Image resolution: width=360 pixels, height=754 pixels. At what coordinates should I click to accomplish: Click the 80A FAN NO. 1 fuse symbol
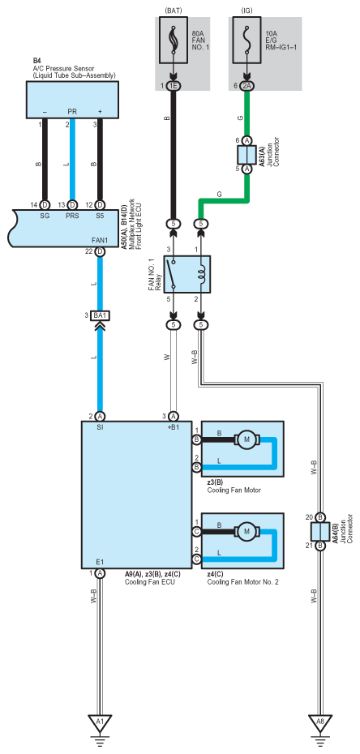coord(174,40)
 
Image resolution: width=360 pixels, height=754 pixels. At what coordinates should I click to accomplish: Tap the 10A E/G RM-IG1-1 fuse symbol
coord(247,40)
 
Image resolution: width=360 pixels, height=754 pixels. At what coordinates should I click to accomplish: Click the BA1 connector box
coord(101,315)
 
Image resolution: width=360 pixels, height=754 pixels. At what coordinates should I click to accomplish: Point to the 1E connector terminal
coord(174,87)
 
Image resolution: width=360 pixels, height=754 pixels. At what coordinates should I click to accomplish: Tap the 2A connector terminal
coord(247,87)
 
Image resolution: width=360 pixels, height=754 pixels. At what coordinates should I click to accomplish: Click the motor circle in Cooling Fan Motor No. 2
coord(247,531)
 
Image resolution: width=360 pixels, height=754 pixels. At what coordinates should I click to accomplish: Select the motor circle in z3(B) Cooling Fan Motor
coord(247,439)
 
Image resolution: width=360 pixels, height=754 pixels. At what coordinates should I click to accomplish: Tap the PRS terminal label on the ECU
coord(71,216)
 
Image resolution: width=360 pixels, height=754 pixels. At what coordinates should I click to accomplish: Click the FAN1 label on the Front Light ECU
coord(100,240)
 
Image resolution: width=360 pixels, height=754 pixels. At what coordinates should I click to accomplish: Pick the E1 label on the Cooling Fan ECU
coord(100,562)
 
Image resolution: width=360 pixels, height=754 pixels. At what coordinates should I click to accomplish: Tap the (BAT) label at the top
coord(174,11)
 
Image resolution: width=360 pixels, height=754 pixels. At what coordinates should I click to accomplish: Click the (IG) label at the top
coord(247,11)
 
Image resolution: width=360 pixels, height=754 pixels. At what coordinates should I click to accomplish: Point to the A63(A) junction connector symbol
coord(247,154)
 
